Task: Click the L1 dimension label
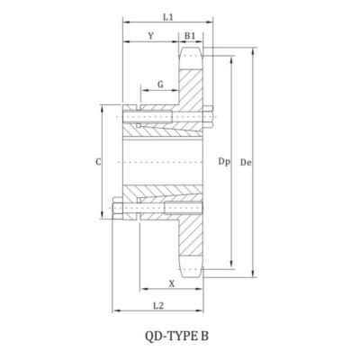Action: coord(168,17)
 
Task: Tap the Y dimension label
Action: coord(151,36)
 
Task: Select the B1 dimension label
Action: coord(190,36)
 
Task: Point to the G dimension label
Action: coord(160,85)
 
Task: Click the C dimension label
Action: coord(98,162)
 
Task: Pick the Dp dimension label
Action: coord(224,162)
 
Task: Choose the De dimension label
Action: coord(246,162)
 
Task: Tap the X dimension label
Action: coord(172,283)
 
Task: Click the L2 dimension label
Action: coord(158,306)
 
